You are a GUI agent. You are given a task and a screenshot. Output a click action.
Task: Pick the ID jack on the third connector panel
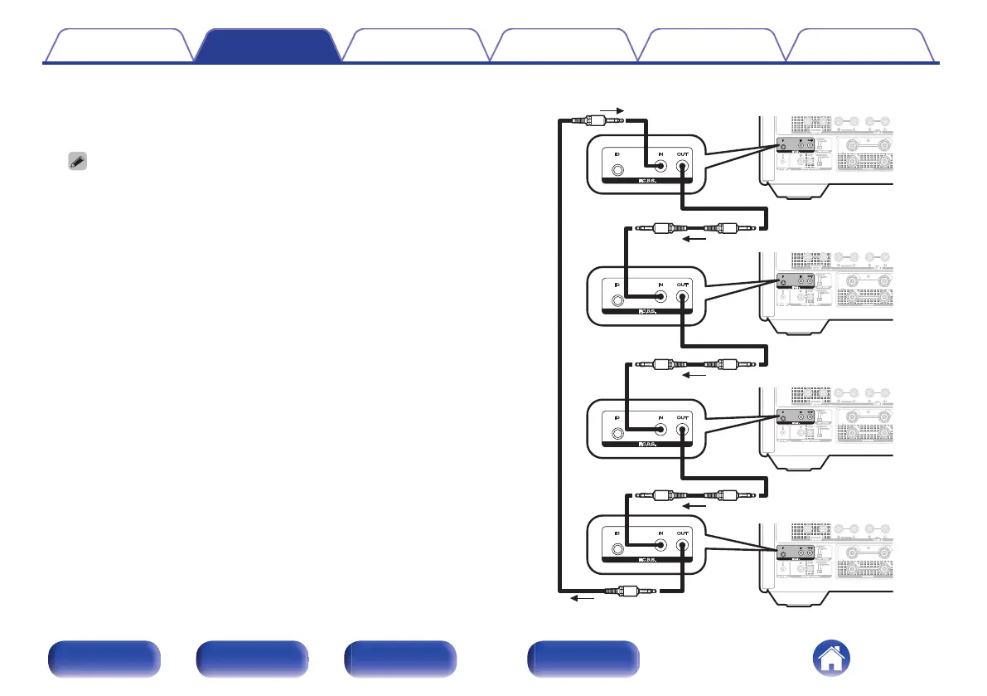tap(617, 433)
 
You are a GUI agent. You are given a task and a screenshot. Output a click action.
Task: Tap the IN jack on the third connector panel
tap(660, 429)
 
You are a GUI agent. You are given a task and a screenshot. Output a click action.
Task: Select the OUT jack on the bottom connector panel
tap(681, 545)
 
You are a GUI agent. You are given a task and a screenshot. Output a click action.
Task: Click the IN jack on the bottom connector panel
tap(660, 545)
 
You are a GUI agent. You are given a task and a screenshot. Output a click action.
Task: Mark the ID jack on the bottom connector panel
tap(617, 549)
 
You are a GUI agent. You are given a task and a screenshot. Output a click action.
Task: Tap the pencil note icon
tap(73, 163)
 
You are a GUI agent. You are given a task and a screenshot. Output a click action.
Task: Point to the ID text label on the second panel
tap(617, 285)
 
